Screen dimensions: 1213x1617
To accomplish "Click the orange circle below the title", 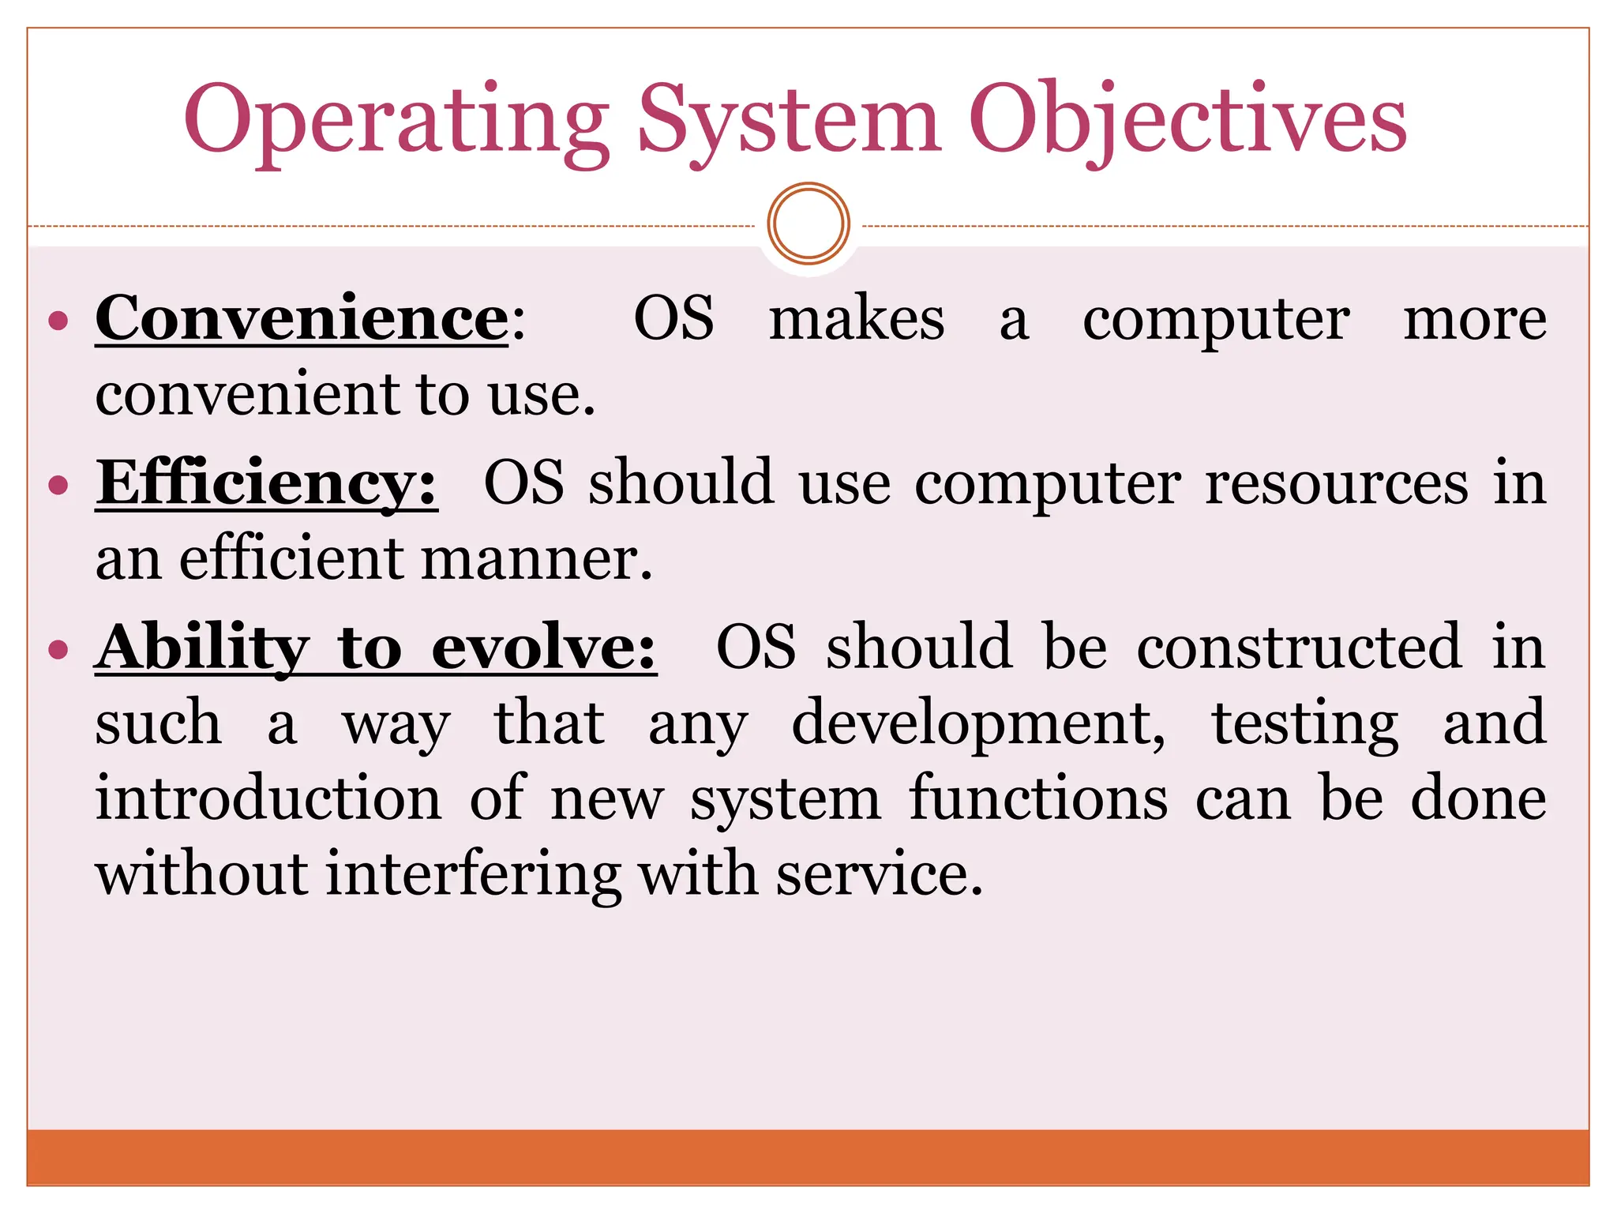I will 808,223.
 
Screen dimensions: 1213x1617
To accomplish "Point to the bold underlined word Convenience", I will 302,319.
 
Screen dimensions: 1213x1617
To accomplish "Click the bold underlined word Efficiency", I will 266,483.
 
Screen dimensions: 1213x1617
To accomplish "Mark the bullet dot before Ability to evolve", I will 58,649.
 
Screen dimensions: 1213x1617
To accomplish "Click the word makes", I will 857,319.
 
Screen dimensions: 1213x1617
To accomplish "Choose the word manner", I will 536,559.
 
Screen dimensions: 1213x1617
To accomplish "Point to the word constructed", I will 1299,648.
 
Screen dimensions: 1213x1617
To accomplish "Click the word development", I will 978,723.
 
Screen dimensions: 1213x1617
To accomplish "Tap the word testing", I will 1305,723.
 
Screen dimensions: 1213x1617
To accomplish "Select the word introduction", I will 268,799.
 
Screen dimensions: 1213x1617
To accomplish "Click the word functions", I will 1038,799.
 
